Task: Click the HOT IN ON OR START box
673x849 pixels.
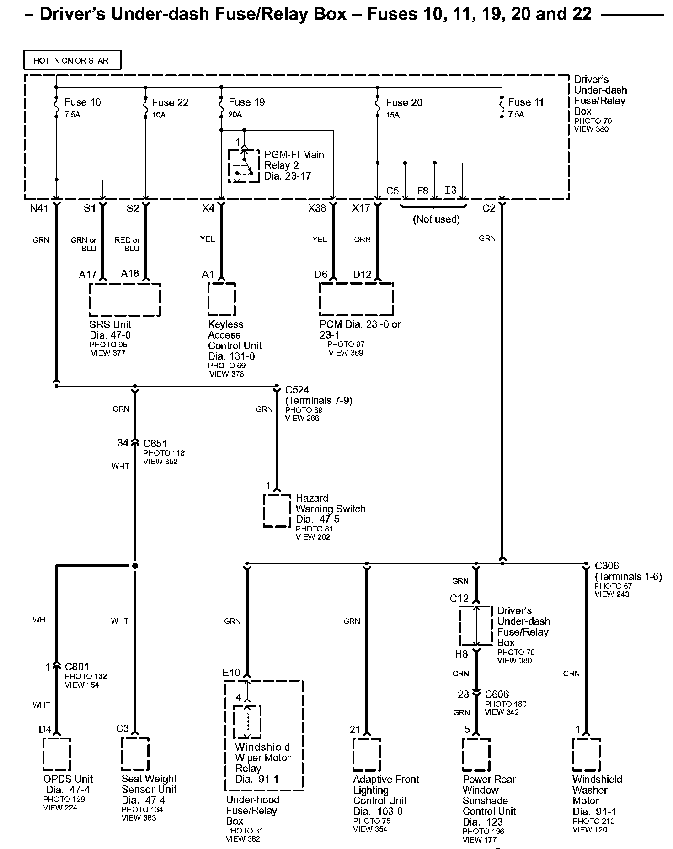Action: [72, 60]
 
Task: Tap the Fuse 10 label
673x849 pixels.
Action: [83, 102]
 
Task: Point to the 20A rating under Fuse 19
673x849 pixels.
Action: [235, 115]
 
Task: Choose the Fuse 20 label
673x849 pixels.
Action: [404, 102]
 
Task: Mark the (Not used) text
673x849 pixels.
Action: [436, 219]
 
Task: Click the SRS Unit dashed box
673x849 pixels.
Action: [124, 300]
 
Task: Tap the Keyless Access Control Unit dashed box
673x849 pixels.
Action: [222, 299]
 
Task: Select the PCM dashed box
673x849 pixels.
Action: [356, 299]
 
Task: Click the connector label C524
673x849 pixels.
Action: [297, 390]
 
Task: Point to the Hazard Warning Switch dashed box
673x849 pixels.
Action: [277, 510]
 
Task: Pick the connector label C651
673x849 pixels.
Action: [155, 443]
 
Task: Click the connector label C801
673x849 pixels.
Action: [77, 667]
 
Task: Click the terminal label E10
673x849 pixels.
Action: [231, 673]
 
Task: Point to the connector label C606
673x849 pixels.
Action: [497, 695]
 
